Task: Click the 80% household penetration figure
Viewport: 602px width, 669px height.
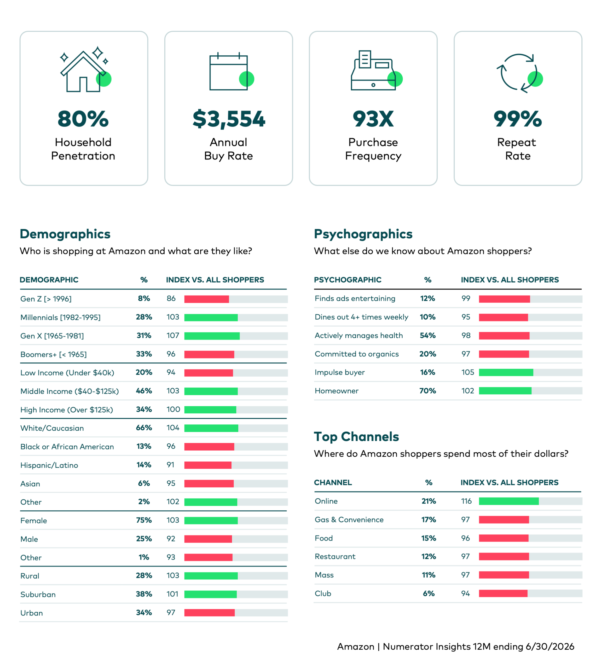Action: tap(83, 119)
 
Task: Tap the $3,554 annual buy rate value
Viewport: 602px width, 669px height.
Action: tap(229, 119)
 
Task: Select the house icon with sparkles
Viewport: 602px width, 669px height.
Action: tap(85, 70)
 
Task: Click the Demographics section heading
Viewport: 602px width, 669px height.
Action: tap(65, 234)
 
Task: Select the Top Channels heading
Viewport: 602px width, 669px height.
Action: tap(356, 436)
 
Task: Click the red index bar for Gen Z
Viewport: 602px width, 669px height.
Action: tap(206, 299)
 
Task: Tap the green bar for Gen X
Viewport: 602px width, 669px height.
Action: tap(212, 336)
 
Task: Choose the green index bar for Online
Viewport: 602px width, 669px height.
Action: tap(509, 501)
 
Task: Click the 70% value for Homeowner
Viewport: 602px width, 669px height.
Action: tap(428, 391)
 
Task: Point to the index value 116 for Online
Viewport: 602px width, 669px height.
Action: tap(466, 501)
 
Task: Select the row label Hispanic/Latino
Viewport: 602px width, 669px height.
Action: tap(49, 465)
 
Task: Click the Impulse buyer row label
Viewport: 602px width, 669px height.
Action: tap(340, 373)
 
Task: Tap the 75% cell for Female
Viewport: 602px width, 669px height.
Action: tap(144, 520)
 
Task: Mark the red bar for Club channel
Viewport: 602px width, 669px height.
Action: tap(503, 593)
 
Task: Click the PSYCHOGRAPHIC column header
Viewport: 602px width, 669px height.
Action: tap(348, 280)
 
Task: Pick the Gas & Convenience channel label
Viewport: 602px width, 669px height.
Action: tap(349, 520)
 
